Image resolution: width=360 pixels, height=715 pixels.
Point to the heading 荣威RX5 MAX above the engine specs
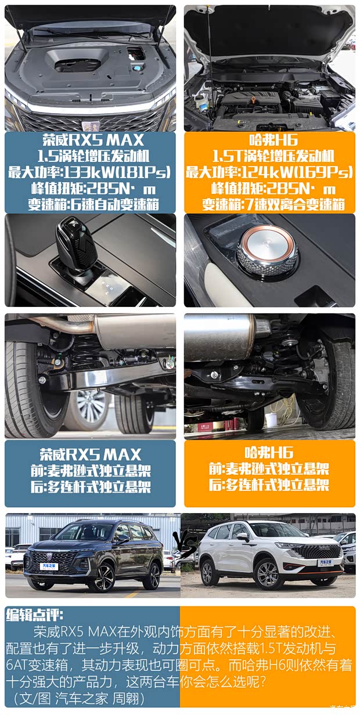[92, 140]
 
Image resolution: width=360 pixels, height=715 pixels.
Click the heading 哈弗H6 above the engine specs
[269, 140]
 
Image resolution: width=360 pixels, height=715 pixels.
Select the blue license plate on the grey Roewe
[49, 566]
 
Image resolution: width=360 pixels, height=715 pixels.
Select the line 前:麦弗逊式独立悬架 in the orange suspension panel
[269, 468]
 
